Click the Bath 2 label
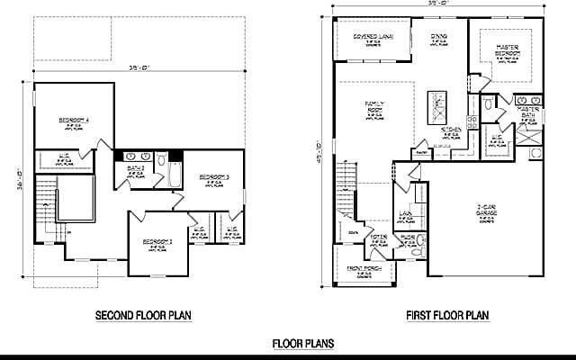click(x=136, y=168)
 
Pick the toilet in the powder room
click(x=417, y=251)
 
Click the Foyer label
click(x=378, y=238)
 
